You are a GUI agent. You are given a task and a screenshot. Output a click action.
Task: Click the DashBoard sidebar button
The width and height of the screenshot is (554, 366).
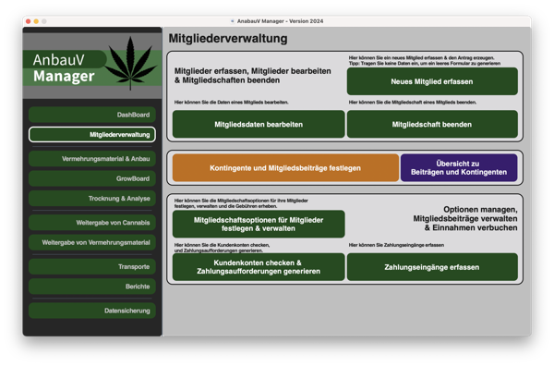click(92, 115)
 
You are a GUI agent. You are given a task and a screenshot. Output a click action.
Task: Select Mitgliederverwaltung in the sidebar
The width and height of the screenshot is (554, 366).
click(92, 135)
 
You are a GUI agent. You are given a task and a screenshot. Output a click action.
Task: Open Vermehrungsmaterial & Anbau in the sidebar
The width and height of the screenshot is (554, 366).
click(92, 159)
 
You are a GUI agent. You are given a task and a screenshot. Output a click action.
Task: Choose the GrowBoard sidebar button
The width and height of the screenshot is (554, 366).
click(92, 178)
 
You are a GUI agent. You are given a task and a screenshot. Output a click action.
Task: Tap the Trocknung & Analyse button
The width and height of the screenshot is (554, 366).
click(92, 199)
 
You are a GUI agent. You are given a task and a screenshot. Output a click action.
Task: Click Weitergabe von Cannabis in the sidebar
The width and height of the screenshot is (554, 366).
click(92, 223)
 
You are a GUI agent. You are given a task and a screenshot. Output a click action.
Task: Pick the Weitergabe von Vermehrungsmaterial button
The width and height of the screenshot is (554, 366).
click(92, 242)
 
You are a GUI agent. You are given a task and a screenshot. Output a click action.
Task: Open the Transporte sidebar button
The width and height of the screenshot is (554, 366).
click(92, 266)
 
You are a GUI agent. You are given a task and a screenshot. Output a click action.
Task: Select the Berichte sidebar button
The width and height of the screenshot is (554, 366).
click(92, 287)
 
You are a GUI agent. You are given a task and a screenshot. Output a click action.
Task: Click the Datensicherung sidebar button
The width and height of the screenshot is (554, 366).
click(92, 311)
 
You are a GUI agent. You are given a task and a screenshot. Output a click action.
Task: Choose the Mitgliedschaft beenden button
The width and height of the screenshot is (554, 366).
click(433, 124)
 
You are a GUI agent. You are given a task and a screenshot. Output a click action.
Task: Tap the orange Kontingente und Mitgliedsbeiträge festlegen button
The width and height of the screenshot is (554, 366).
click(285, 167)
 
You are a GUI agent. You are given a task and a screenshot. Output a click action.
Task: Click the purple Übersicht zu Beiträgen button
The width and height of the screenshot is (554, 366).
click(458, 167)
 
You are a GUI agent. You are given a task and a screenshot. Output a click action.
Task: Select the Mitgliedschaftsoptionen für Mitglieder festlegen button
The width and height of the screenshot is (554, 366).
click(259, 224)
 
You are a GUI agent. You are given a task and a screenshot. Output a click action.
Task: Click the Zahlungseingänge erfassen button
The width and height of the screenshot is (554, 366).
click(433, 267)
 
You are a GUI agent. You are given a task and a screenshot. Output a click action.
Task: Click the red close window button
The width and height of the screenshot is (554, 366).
click(28, 21)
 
